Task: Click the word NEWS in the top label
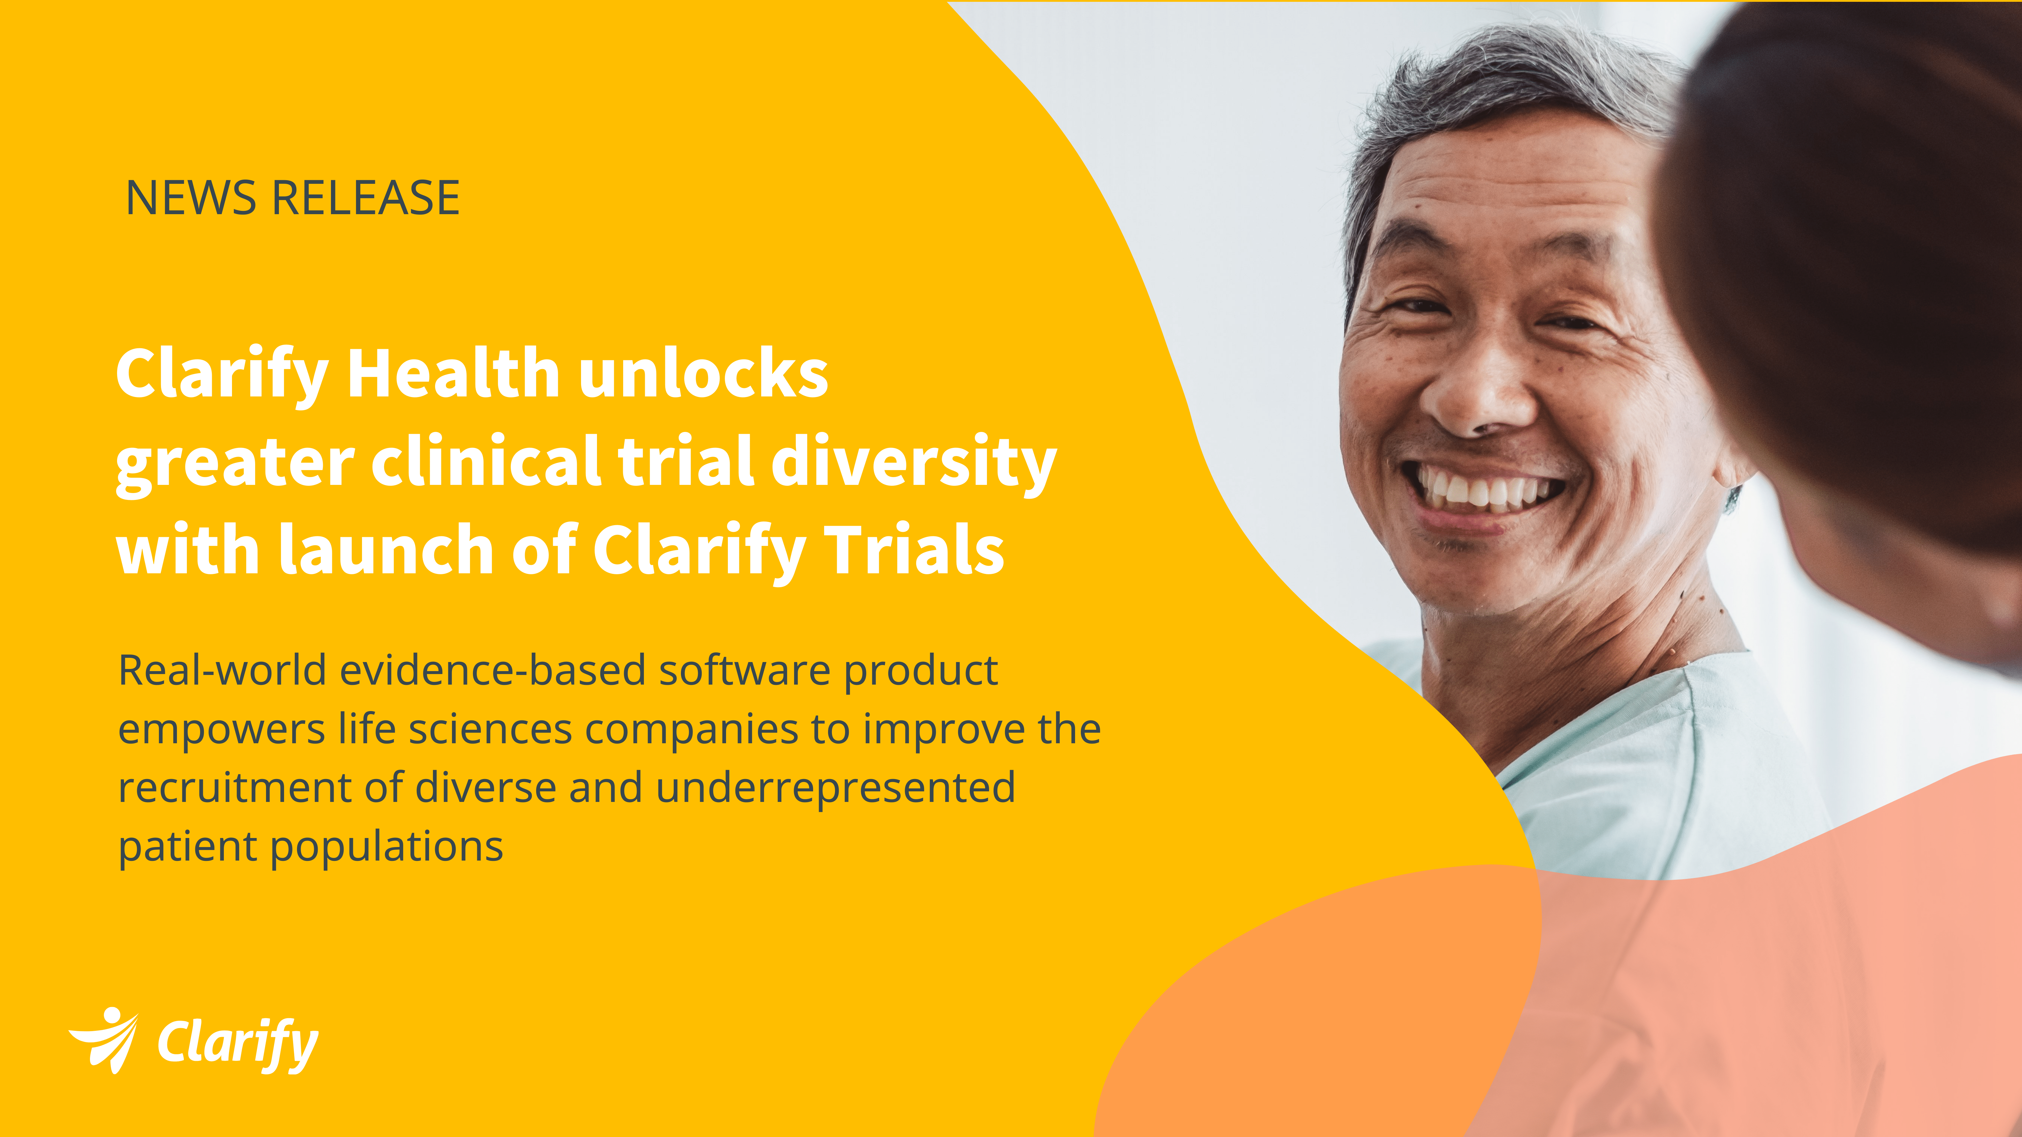pyautogui.click(x=191, y=198)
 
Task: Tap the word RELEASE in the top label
pyautogui.click(x=365, y=198)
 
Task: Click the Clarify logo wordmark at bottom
pyautogui.click(x=238, y=1044)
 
